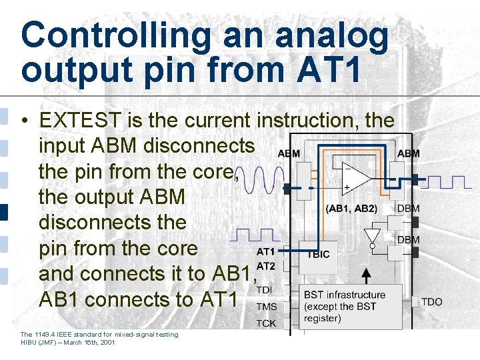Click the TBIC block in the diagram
tap(317, 254)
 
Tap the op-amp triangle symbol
tap(357, 178)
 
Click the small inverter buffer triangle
tap(372, 237)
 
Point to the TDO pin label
tap(431, 302)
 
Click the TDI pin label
tap(265, 291)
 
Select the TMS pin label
tap(267, 307)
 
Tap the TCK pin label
tap(267, 323)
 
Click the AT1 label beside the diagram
tap(265, 252)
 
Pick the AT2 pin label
tap(265, 266)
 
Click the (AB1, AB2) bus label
tap(351, 208)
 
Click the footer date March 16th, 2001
tap(88, 342)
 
